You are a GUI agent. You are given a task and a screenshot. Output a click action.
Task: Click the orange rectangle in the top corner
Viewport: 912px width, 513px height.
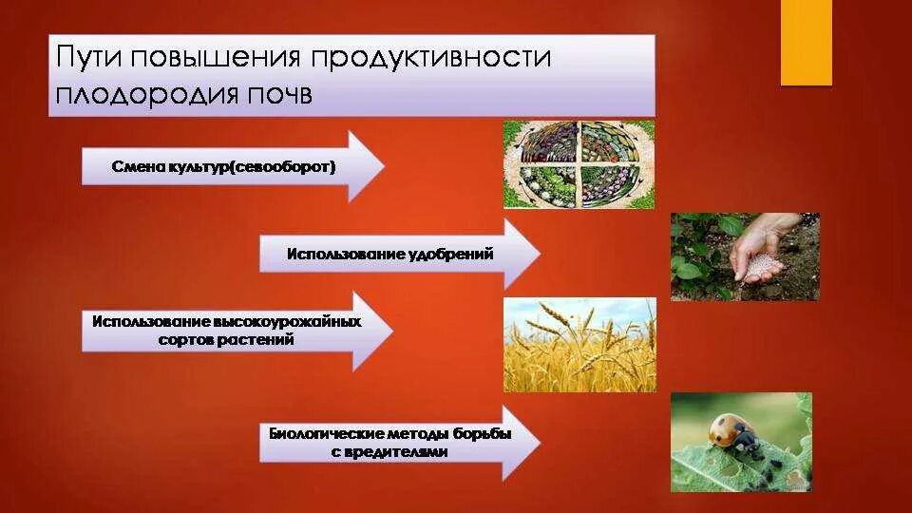coord(806,43)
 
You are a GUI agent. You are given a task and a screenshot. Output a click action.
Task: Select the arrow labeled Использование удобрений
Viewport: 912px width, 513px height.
coord(399,254)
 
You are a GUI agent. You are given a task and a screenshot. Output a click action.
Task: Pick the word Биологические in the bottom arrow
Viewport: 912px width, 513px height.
coord(318,434)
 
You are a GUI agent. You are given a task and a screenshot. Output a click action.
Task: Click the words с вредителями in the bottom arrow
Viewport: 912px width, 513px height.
coord(389,452)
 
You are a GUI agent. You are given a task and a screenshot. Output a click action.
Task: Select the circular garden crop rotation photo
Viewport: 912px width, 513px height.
coord(579,163)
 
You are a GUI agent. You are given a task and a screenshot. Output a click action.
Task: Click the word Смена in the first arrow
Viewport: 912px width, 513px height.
coord(133,166)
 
